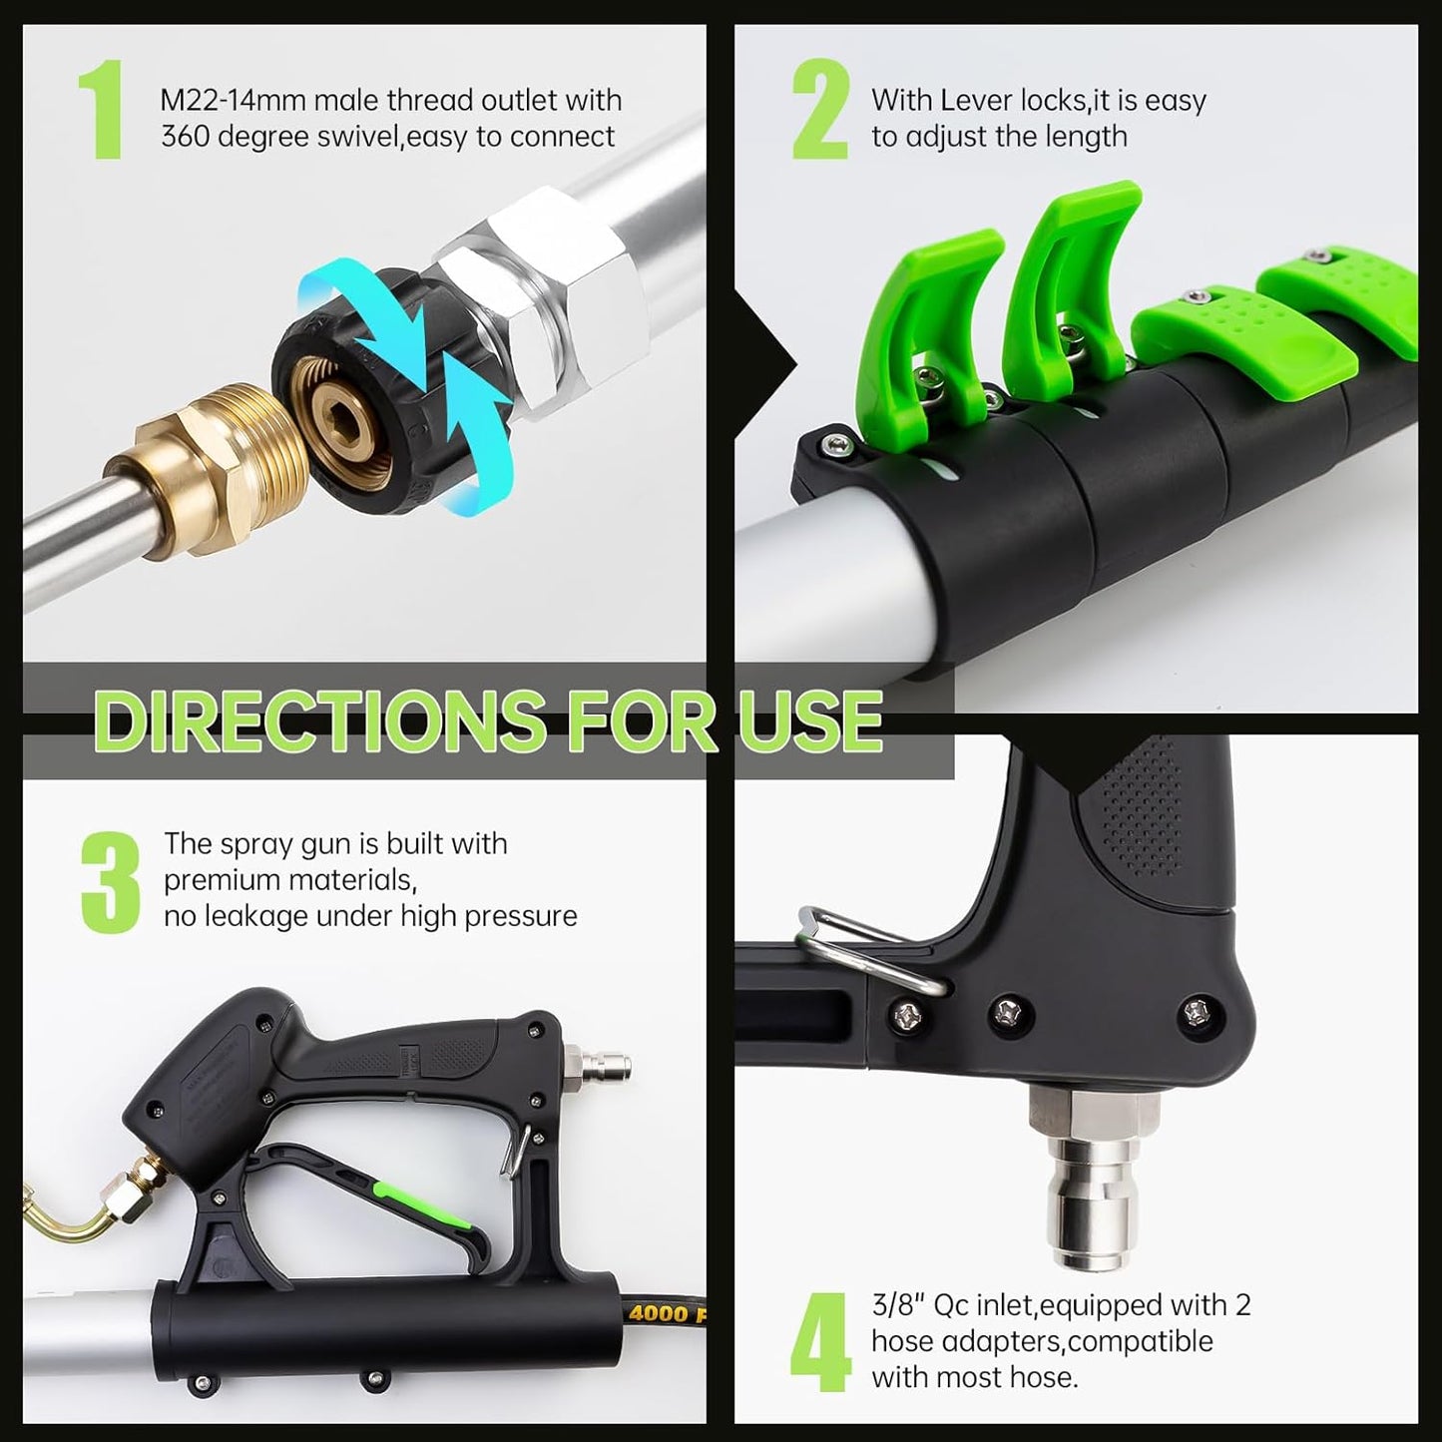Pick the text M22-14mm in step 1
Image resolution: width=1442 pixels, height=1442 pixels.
[233, 101]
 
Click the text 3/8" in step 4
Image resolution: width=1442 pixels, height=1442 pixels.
[898, 1305]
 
